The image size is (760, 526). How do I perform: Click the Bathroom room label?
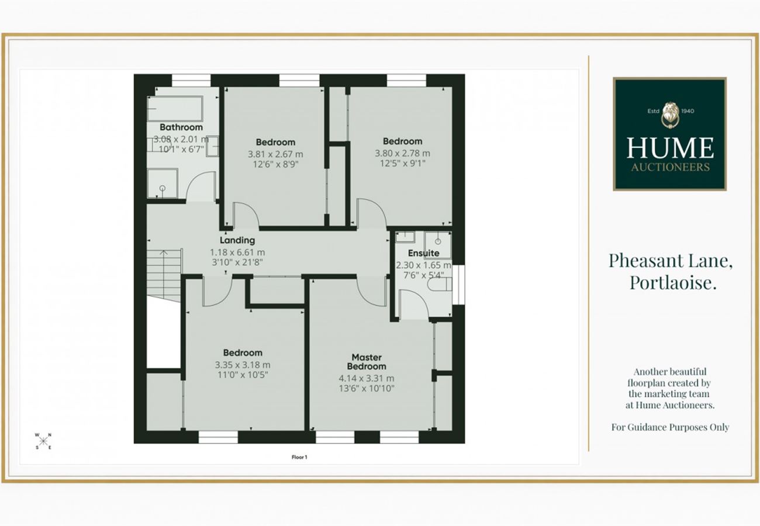coord(181,127)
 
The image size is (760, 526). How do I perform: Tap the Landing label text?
coord(237,240)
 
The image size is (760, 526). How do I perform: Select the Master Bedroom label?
coord(367,362)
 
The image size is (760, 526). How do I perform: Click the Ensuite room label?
coord(423,253)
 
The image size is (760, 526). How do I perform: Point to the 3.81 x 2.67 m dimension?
coord(275,154)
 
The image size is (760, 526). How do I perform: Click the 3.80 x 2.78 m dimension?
coord(402,153)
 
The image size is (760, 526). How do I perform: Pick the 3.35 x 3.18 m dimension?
coord(243,365)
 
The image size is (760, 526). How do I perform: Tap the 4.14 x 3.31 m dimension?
coord(367,378)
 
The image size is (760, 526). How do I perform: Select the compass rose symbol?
coord(43,441)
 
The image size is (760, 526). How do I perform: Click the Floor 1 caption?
coord(299,457)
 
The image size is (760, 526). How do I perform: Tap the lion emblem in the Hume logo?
coord(670,115)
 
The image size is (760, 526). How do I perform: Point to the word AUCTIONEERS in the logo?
coord(671,167)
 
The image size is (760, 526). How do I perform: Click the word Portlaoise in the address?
coord(673,282)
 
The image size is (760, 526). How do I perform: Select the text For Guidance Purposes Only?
coord(670,427)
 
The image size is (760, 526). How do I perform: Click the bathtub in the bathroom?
coord(175,109)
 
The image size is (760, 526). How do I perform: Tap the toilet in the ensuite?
coord(440,284)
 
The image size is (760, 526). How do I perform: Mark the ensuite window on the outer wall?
coord(458,285)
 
